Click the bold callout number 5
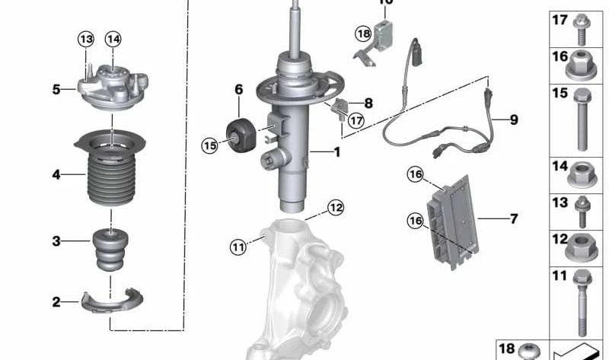[56, 90]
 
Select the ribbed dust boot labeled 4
[111, 178]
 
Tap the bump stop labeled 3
[111, 248]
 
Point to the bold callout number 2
[56, 302]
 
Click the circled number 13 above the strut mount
[85, 39]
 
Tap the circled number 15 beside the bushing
[210, 144]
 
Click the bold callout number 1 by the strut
[336, 152]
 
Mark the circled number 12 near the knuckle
[336, 207]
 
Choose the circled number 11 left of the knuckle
[239, 245]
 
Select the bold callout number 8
[368, 104]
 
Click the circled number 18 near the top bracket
[363, 33]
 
